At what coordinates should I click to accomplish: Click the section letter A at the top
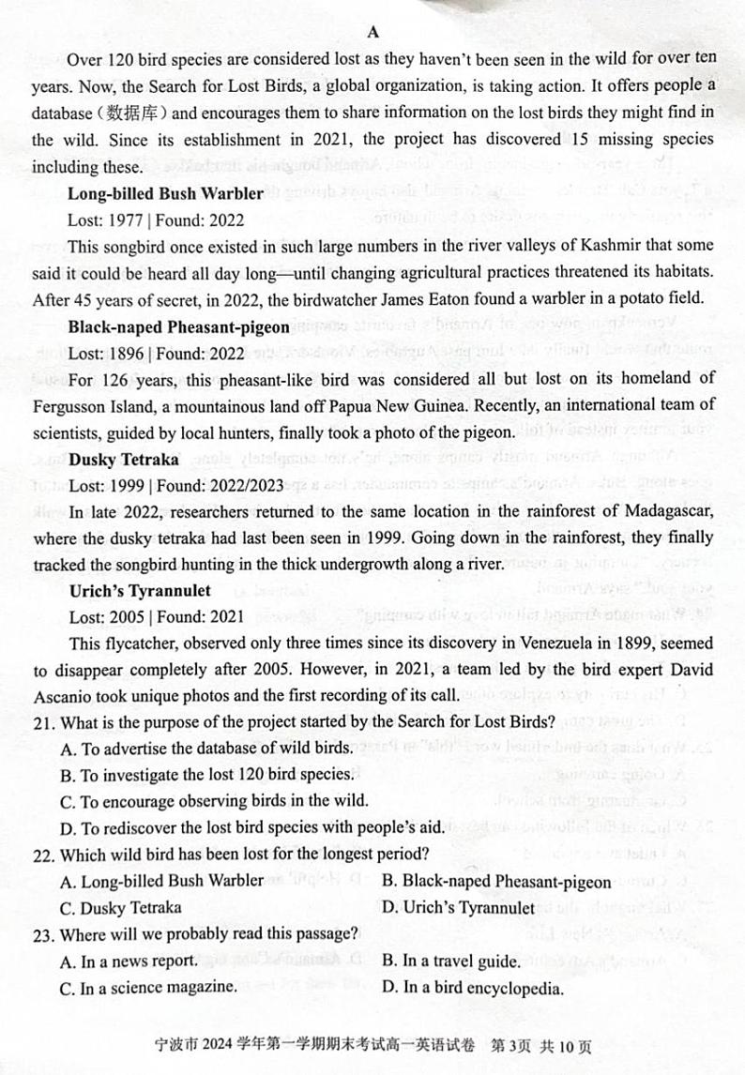point(372,31)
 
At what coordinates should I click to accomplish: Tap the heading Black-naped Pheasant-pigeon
point(178,327)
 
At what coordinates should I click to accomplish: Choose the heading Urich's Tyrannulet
point(140,591)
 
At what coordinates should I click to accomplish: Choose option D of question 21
point(251,827)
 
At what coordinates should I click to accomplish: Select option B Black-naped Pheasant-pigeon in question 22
point(497,881)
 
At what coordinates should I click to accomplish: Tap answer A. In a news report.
point(129,961)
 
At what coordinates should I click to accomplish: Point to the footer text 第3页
point(545,1047)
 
